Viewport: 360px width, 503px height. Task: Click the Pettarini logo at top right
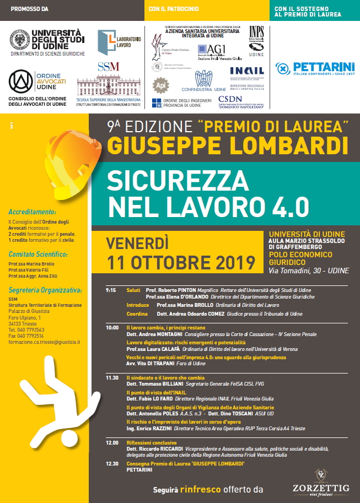314,69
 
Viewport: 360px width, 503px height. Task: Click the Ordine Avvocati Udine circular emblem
20,81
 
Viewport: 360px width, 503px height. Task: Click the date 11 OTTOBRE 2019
181,262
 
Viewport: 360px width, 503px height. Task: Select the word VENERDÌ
137,243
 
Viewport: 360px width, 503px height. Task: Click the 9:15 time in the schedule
111,290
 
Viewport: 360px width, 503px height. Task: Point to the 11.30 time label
112,378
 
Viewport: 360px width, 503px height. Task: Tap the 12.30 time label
112,464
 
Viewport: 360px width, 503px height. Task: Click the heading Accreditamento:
32,212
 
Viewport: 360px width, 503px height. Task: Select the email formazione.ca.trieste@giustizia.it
44,342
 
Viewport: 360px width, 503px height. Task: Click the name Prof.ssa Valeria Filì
28,270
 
